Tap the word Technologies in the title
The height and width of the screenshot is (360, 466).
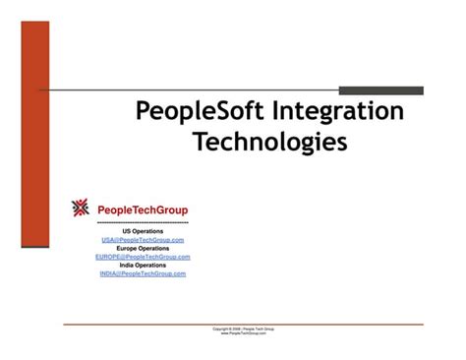pyautogui.click(x=269, y=143)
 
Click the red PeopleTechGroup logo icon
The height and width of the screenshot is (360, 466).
pyautogui.click(x=81, y=208)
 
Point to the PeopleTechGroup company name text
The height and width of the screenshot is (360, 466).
pyautogui.click(x=143, y=210)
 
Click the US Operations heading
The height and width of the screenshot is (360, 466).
pyautogui.click(x=143, y=231)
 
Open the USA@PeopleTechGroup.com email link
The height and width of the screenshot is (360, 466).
pyautogui.click(x=143, y=239)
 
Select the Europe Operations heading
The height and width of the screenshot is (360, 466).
pyautogui.click(x=143, y=248)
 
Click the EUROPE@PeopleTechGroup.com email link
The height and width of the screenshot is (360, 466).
pyautogui.click(x=143, y=257)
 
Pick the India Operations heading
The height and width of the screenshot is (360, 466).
pyautogui.click(x=143, y=265)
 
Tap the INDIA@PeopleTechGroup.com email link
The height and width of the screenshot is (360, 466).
pyautogui.click(x=143, y=273)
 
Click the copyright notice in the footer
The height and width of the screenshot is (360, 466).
pyautogui.click(x=243, y=329)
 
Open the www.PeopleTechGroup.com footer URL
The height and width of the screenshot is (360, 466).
pyautogui.click(x=243, y=333)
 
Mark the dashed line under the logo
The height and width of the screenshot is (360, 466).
pyautogui.click(x=143, y=222)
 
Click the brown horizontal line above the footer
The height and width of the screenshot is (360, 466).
pyautogui.click(x=243, y=324)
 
